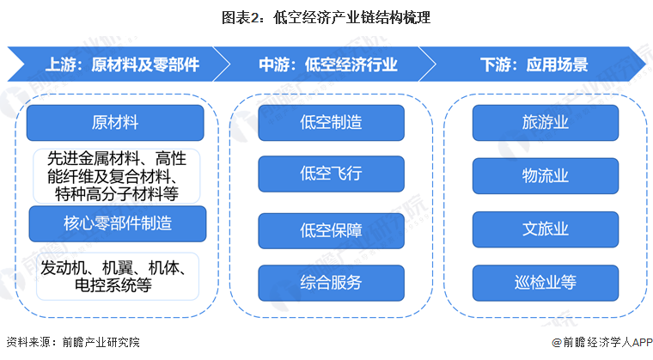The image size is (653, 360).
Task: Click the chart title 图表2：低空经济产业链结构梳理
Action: [x=326, y=16]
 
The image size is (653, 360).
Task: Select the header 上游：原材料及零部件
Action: [x=122, y=64]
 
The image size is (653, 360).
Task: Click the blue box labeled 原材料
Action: [x=115, y=122]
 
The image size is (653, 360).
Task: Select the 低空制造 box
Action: [x=331, y=122]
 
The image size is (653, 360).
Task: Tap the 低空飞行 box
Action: [x=331, y=174]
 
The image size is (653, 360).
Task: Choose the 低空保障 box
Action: [x=331, y=230]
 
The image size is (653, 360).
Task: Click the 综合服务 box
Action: [x=331, y=283]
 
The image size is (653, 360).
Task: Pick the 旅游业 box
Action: [x=545, y=122]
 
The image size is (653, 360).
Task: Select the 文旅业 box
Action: [x=545, y=230]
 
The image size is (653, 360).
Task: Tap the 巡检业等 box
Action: [x=545, y=283]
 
